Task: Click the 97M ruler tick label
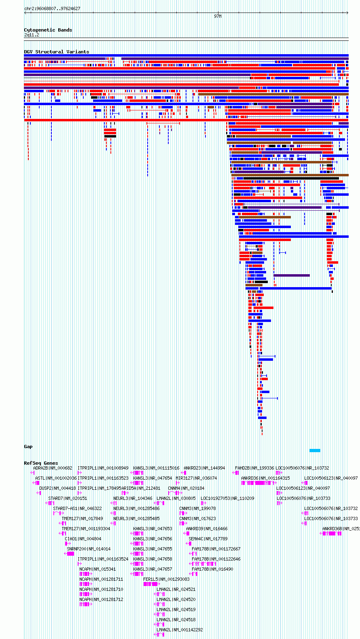(218, 16)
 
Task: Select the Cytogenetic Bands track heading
(48, 30)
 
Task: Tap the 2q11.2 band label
(32, 35)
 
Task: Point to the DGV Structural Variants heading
(56, 52)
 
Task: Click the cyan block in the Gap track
(315, 451)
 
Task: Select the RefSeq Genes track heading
(41, 463)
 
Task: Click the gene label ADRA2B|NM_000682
(53, 468)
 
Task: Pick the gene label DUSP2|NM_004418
(57, 488)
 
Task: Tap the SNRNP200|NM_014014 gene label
(89, 549)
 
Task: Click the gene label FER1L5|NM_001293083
(166, 579)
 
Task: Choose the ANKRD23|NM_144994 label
(204, 468)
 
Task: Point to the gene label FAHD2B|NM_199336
(254, 468)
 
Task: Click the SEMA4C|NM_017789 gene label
(208, 539)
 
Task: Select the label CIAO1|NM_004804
(83, 539)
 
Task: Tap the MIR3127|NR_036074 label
(196, 478)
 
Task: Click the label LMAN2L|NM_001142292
(180, 630)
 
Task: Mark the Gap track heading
(28, 446)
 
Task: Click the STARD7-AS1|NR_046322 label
(78, 508)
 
